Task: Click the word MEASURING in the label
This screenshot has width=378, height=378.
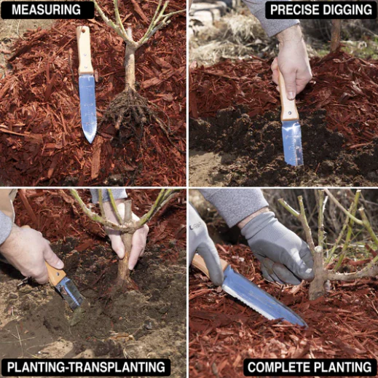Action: [46, 9]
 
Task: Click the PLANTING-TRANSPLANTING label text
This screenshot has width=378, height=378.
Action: [86, 366]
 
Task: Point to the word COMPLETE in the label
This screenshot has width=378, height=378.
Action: [278, 367]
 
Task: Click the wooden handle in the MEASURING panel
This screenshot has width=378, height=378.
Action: [84, 50]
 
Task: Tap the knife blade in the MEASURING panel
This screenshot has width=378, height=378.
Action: [87, 108]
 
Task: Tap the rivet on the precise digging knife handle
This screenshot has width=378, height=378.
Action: [290, 113]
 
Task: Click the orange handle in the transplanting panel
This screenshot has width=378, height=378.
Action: [55, 273]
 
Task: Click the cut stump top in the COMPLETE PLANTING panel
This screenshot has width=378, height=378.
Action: [318, 250]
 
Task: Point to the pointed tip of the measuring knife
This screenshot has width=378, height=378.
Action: [90, 142]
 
